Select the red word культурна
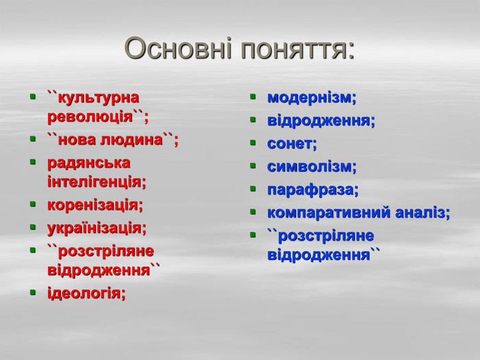coord(98,97)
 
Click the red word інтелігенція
coord(96,182)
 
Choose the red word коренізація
coord(95,205)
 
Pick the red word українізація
coord(97,228)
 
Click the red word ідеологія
coord(86,293)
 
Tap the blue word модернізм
coord(311,98)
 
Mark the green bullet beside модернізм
coord(252,98)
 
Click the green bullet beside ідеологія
coord(32,293)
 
